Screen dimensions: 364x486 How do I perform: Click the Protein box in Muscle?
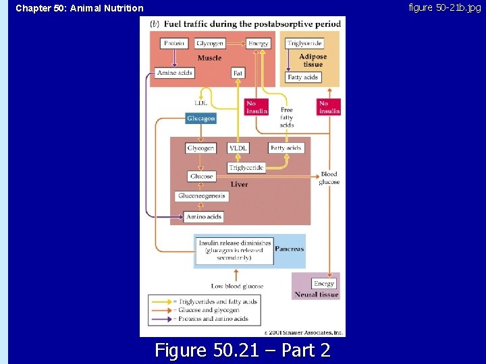click(x=175, y=44)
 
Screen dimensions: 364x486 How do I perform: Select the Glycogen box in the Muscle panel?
click(x=210, y=44)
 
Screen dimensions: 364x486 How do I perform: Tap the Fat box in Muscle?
click(x=238, y=73)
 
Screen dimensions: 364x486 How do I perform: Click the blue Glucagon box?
click(x=201, y=119)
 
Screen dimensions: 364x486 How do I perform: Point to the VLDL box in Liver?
click(x=238, y=148)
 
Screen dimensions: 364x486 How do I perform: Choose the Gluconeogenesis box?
click(x=202, y=196)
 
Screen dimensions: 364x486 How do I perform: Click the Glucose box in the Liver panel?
click(x=201, y=177)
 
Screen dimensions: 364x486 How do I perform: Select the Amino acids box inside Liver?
click(x=204, y=217)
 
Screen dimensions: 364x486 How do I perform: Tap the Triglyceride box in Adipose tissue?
click(x=304, y=44)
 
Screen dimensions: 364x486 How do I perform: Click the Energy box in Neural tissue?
click(x=324, y=284)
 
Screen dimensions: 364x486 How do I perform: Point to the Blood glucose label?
click(x=329, y=178)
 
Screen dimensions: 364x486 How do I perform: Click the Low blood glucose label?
click(x=237, y=286)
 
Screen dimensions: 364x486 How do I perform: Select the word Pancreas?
click(x=289, y=249)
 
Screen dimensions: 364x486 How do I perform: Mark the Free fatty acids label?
click(x=287, y=117)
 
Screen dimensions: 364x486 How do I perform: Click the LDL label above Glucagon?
click(x=200, y=103)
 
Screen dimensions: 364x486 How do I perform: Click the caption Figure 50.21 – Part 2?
click(x=242, y=350)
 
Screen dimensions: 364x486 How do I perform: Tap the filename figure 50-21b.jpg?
click(x=445, y=7)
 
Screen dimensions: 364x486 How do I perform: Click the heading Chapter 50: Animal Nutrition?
click(x=80, y=8)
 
